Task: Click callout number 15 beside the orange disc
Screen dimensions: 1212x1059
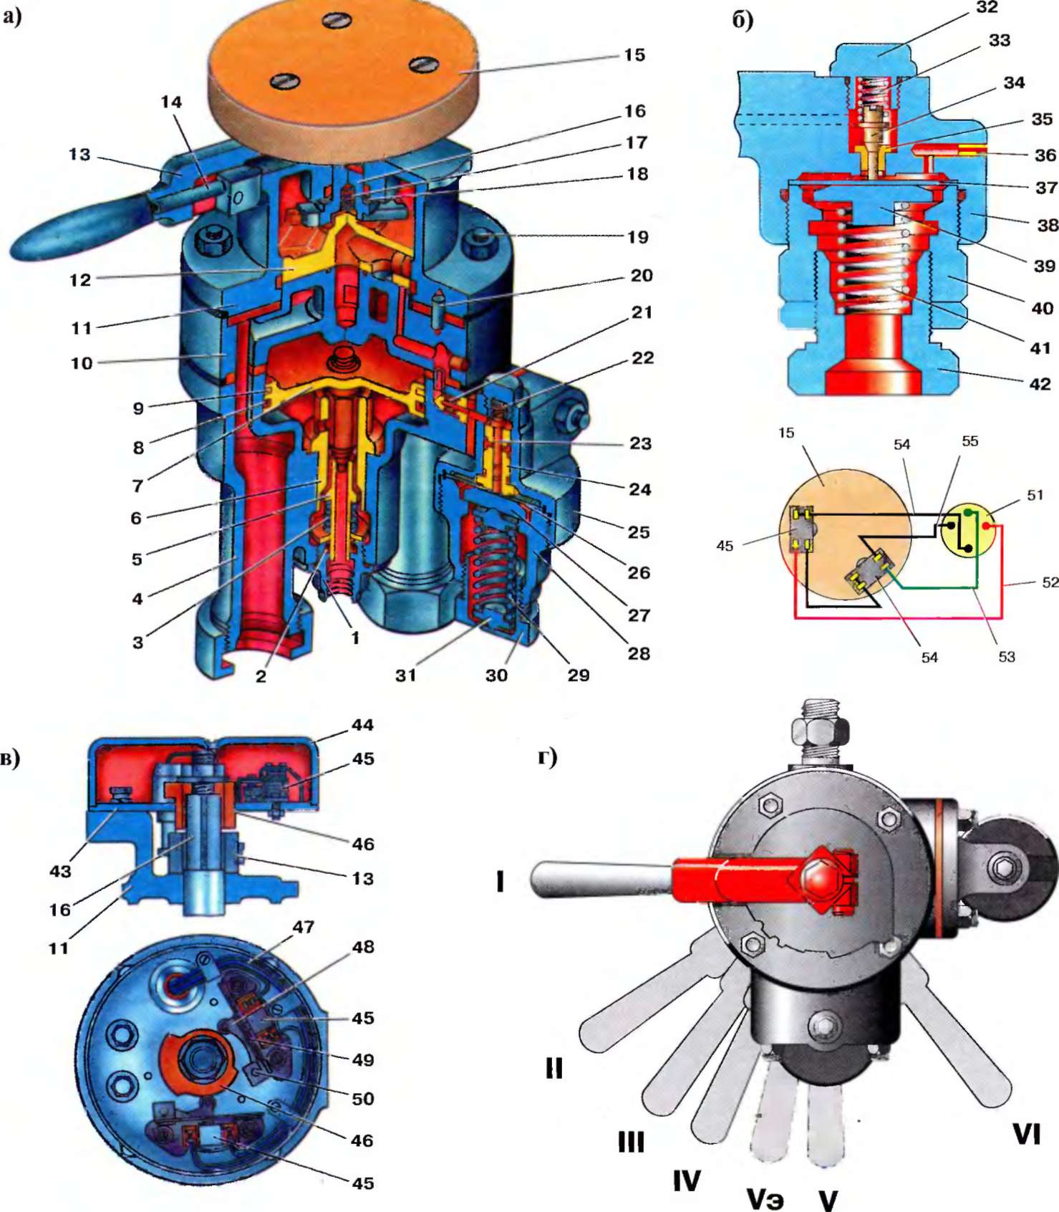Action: [634, 55]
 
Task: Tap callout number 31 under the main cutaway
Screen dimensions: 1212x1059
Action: [405, 675]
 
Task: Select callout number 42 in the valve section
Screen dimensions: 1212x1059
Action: [1040, 385]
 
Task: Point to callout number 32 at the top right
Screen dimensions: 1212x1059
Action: [987, 8]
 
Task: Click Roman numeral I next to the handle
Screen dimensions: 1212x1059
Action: [500, 881]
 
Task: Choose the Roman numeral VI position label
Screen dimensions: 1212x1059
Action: [1025, 1135]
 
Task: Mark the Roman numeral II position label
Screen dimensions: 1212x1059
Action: [553, 1068]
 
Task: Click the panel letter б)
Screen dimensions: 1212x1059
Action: [743, 19]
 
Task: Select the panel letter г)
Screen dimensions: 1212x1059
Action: [548, 756]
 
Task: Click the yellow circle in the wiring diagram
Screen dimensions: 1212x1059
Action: [969, 531]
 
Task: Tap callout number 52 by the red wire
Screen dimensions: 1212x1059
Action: [1050, 582]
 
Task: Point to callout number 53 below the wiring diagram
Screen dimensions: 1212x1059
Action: [1007, 657]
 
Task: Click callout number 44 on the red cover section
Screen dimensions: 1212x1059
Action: [362, 725]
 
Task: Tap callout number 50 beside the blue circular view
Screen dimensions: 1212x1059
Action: [362, 1098]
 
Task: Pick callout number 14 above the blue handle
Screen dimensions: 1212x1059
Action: [171, 102]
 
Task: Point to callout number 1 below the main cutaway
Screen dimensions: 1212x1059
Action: [355, 638]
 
